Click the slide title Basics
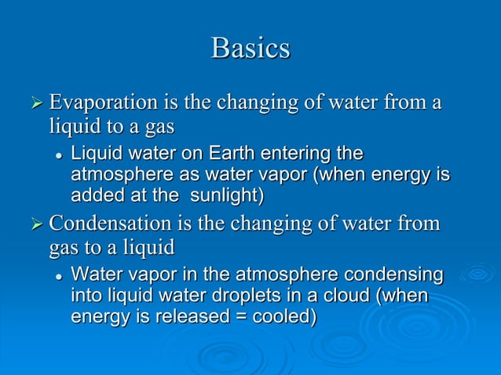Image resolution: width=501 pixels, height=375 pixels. coord(251,49)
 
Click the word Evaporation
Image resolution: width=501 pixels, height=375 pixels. coord(96,102)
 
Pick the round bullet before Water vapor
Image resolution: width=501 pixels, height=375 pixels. coord(59,278)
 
